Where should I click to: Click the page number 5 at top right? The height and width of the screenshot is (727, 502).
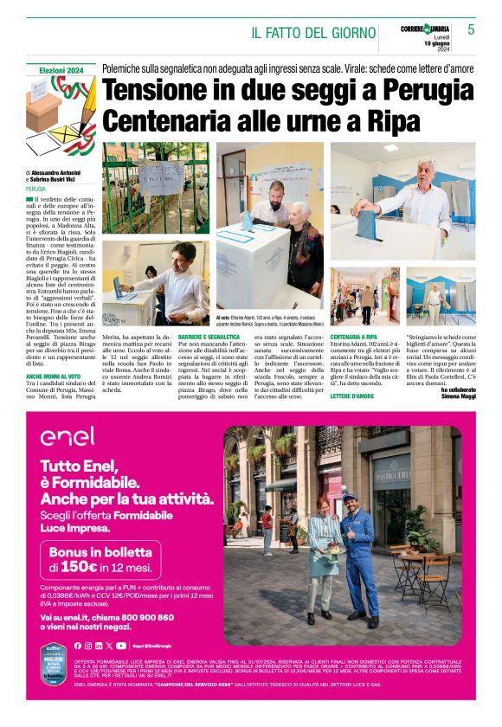tap(471, 29)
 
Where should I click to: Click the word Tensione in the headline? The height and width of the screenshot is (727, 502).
tap(160, 90)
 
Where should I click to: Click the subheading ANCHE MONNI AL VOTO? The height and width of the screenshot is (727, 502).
tap(54, 376)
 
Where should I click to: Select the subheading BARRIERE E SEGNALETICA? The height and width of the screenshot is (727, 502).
tap(209, 336)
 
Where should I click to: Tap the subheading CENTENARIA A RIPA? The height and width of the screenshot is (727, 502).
tap(354, 336)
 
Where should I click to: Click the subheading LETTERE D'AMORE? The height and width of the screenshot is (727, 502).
tap(352, 396)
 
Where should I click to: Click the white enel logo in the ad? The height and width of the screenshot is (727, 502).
tap(67, 436)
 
